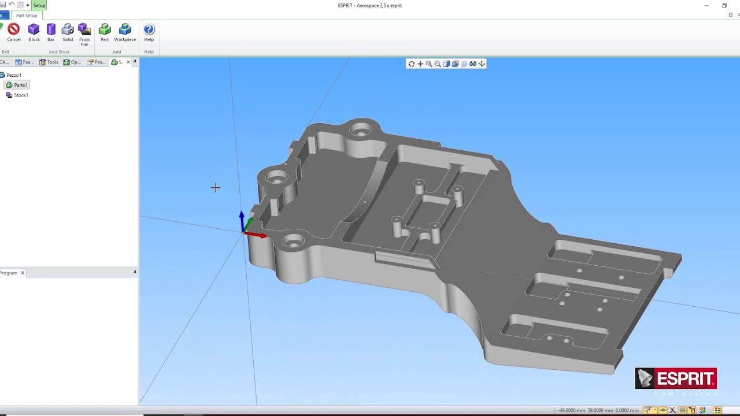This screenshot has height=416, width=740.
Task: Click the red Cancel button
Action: coord(13,32)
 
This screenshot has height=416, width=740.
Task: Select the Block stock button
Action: coord(34,32)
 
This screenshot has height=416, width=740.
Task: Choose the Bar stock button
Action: coord(51,32)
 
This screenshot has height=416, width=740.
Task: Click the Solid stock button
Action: coord(68,32)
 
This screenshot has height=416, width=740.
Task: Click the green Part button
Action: coord(105,32)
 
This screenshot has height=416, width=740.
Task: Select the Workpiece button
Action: coord(125,32)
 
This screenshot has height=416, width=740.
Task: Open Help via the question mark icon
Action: coord(149,32)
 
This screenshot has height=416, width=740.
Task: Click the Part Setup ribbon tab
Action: coord(27,16)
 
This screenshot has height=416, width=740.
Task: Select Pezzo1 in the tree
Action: coord(14,75)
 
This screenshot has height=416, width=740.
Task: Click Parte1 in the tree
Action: coord(20,85)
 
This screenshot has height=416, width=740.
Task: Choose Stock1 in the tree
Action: coord(21,95)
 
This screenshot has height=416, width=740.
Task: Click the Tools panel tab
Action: coord(49,62)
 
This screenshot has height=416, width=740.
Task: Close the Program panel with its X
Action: coord(23,273)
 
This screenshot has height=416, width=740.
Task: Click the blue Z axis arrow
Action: coord(242,217)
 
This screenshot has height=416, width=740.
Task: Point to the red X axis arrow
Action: coord(258,235)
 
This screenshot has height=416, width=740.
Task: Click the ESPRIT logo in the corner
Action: coord(676,379)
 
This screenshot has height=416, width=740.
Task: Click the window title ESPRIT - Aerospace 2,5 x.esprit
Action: coord(369,6)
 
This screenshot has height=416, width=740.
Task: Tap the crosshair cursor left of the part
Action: coord(216,187)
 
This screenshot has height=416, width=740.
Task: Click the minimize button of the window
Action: coord(706,6)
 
